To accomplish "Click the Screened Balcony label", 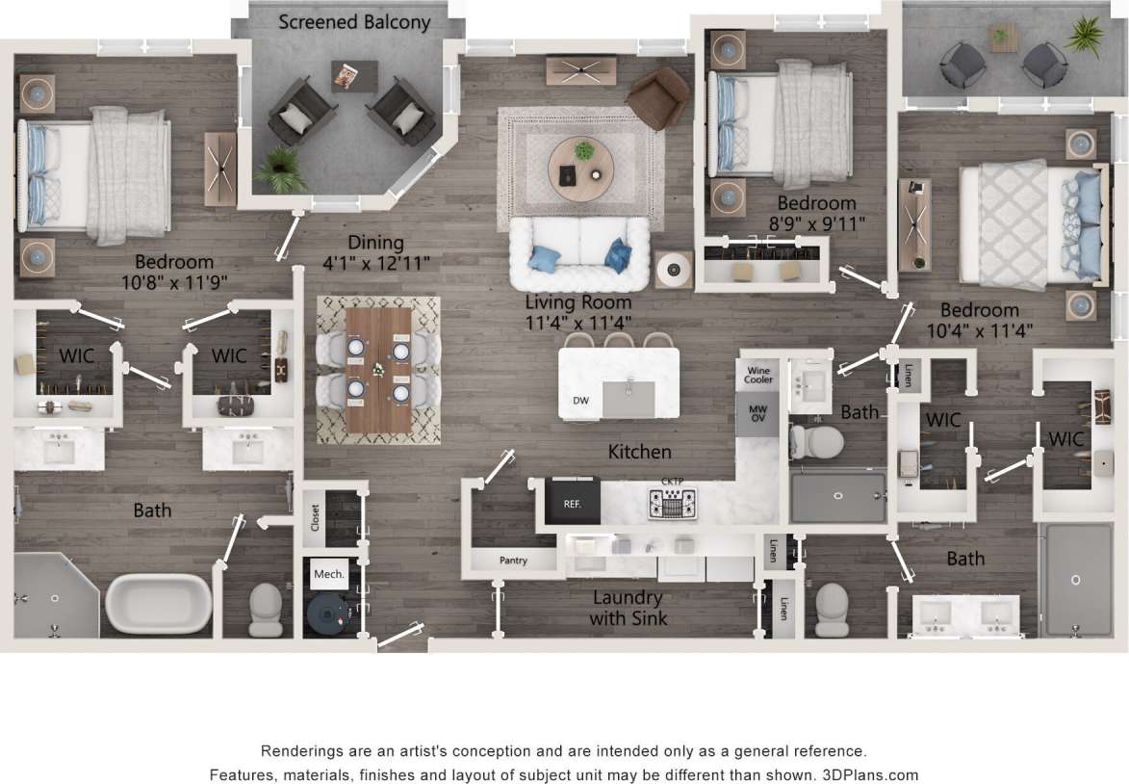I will tap(354, 22).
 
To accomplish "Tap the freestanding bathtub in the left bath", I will tap(159, 603).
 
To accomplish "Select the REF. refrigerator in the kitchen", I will tap(573, 503).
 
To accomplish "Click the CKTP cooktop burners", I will tap(672, 502).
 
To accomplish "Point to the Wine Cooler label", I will tap(758, 374).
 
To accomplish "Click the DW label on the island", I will tap(580, 400).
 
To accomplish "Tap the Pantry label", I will tap(513, 561).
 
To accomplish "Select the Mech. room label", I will tap(328, 574).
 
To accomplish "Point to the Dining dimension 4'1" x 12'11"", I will tap(375, 262).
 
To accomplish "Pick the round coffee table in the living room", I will tap(580, 167).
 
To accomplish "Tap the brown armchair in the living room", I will tap(658, 98).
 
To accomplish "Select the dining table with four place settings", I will tap(378, 369).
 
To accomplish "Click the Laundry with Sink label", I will tap(628, 608).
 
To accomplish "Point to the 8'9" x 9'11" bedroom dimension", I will tap(816, 223).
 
